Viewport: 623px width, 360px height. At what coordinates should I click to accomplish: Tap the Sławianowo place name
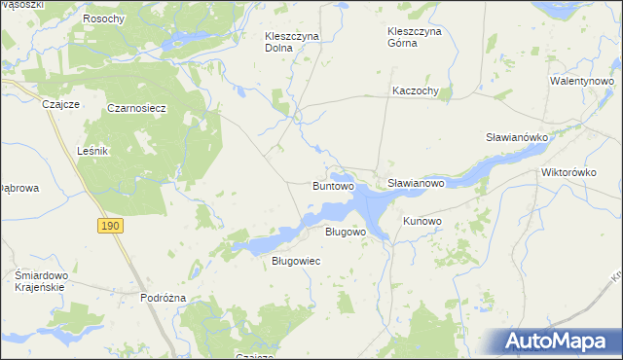click(x=416, y=183)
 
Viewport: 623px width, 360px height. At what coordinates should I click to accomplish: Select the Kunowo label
click(x=422, y=222)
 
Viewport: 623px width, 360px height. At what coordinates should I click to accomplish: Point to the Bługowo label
click(x=345, y=233)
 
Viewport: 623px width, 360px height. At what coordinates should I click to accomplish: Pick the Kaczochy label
click(x=416, y=91)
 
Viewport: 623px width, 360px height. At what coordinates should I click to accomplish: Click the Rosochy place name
click(x=103, y=19)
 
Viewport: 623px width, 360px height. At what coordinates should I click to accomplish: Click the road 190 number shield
click(x=111, y=226)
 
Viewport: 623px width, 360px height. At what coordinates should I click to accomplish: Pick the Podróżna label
click(x=163, y=298)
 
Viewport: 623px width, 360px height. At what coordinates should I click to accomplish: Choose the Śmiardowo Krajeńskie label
click(x=40, y=281)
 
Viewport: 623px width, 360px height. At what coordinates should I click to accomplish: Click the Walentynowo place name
click(x=585, y=82)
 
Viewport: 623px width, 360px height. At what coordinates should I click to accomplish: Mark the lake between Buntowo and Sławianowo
click(x=370, y=202)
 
